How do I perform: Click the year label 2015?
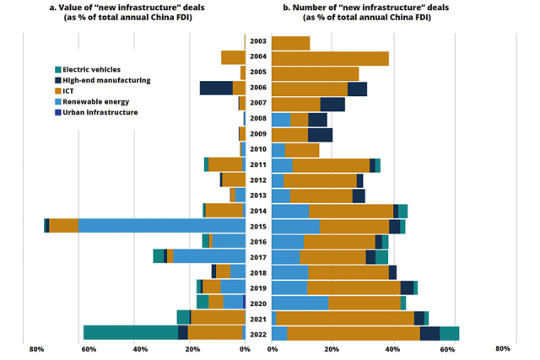pos(258,226)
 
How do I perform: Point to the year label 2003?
pos(258,41)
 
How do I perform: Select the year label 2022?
pos(258,334)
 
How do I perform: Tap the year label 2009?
pos(258,134)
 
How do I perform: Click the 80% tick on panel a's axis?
pos(36,349)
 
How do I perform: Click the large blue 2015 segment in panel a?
pos(160,226)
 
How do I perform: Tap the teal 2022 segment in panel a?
pos(130,333)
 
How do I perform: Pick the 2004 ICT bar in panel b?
pos(330,58)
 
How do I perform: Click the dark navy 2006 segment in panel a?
pos(216,88)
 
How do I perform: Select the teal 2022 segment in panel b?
pos(450,333)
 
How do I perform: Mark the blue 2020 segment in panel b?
pos(300,303)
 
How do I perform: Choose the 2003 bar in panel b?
pos(290,43)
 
